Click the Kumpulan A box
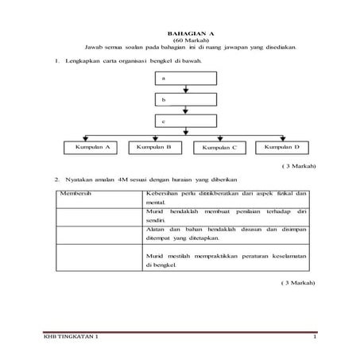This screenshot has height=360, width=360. coord(92,147)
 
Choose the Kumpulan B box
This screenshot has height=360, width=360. coord(154,147)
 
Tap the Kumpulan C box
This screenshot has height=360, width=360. coord(219,148)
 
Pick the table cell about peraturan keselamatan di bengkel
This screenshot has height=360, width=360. coord(226,260)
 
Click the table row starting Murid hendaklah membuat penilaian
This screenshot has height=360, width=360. coord(226,215)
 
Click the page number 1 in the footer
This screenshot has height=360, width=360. coord(315,339)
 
